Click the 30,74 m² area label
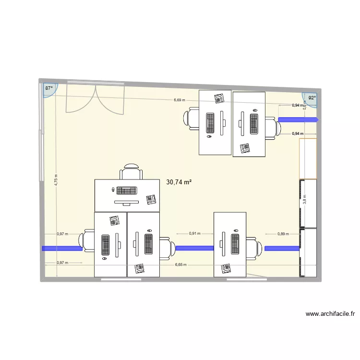[x=179, y=182]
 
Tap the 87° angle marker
[x=48, y=89]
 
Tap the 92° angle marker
[x=312, y=98]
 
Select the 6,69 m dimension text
[x=180, y=100]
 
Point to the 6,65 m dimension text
[x=181, y=264]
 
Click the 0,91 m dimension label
[x=194, y=234]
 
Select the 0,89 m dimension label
[x=283, y=234]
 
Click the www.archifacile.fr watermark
[x=330, y=314]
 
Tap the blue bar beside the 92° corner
[x=298, y=120]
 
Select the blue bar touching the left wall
[x=62, y=248]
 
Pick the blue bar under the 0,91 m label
[x=194, y=248]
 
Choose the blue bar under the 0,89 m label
[x=282, y=248]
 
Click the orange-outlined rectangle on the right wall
[x=308, y=158]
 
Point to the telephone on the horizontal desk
[x=152, y=199]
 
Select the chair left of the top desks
[x=191, y=118]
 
